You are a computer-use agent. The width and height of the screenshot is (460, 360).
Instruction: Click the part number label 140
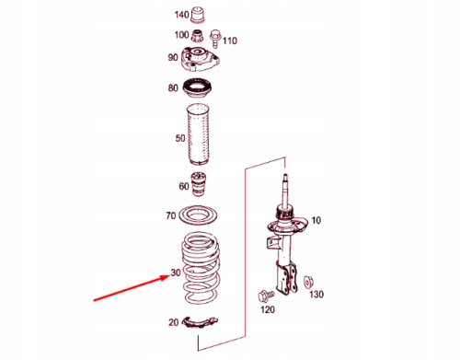click(x=181, y=15)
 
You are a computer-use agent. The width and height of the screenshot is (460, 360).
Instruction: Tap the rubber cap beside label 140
click(x=198, y=15)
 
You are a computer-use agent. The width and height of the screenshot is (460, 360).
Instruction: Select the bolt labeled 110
click(x=215, y=39)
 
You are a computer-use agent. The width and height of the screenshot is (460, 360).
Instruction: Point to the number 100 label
click(x=181, y=35)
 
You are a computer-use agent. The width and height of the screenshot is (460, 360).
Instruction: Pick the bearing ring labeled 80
click(x=198, y=88)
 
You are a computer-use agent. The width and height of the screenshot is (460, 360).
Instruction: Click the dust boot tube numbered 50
click(x=198, y=134)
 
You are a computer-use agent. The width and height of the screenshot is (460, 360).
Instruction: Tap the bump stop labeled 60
click(x=198, y=184)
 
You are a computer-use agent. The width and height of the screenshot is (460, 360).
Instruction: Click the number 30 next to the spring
click(x=176, y=273)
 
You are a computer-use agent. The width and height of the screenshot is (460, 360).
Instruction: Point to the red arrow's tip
click(x=168, y=276)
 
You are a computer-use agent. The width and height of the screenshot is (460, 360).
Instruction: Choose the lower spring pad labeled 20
click(x=200, y=322)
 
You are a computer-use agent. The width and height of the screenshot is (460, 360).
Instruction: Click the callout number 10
click(x=316, y=220)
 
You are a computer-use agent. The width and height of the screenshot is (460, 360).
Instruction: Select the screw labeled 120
click(x=266, y=296)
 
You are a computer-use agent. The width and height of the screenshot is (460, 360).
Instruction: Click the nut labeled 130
click(x=307, y=282)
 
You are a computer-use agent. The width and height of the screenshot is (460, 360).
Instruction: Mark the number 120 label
click(x=268, y=309)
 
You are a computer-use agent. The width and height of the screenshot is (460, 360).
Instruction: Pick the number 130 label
click(x=316, y=295)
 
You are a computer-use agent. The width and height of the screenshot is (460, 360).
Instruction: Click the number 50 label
click(x=180, y=138)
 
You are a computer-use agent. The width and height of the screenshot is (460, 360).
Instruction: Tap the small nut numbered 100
click(x=198, y=36)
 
